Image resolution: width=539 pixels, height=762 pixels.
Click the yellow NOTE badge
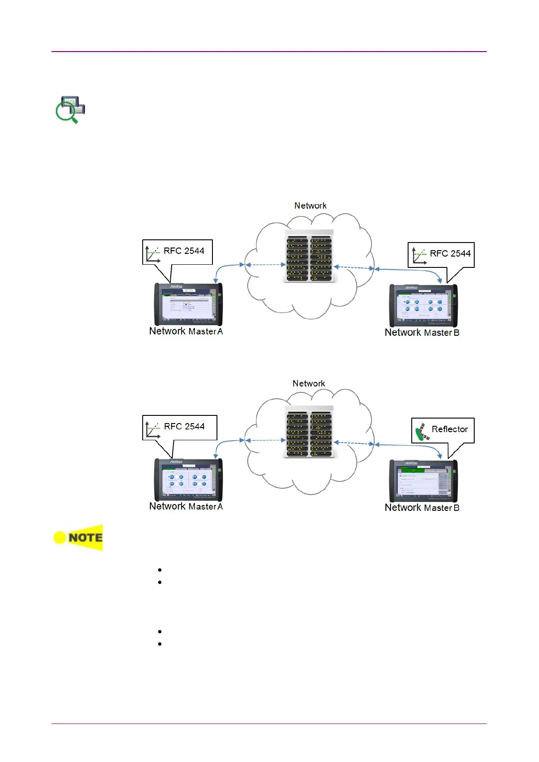point(78,538)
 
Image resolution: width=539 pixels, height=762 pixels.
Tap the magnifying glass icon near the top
point(70,109)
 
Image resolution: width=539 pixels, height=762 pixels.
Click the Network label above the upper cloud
point(310,206)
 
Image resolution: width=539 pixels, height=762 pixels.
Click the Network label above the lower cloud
point(308,384)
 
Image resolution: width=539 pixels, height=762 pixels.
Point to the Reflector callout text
point(449,429)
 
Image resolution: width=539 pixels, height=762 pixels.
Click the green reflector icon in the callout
point(422,432)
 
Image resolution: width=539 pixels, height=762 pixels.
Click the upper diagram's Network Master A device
point(188,304)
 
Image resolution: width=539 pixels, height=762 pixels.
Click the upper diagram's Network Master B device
point(423,305)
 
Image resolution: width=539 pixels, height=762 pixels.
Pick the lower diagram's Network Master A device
point(188,480)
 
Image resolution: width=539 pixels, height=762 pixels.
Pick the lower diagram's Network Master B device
point(423,481)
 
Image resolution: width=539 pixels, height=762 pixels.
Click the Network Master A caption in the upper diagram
point(186,332)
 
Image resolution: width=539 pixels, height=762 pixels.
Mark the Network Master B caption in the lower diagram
point(422,508)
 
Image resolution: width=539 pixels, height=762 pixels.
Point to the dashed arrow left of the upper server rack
point(265,265)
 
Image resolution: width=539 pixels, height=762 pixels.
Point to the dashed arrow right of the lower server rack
point(354,443)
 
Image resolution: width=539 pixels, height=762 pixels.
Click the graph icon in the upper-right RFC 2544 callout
point(419,256)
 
